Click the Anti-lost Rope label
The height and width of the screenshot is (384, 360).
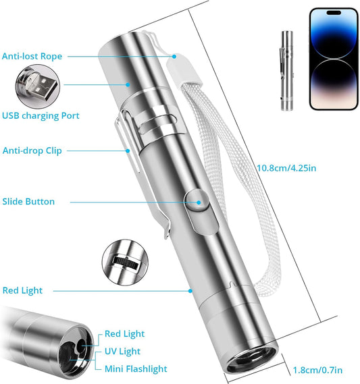pos(32,56)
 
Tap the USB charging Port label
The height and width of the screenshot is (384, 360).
pos(41,115)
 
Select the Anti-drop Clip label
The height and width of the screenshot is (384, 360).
pos(32,150)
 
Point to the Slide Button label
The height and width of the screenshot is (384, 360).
pos(38,201)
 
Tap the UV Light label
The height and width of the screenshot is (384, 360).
pos(122,352)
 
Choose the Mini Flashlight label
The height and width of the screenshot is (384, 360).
pos(135,369)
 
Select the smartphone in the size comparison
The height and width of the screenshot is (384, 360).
pos(332,59)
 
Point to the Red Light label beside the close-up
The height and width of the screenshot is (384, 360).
pos(124,334)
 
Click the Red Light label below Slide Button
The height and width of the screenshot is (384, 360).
pos(22,290)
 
